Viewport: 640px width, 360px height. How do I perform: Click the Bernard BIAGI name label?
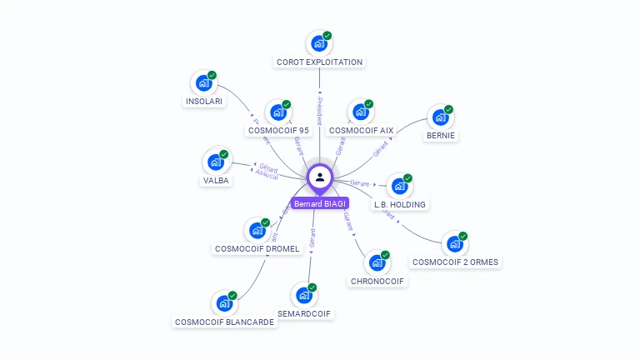(320, 203)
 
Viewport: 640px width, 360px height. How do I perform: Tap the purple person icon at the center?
(320, 177)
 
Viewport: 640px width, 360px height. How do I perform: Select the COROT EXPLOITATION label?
(320, 62)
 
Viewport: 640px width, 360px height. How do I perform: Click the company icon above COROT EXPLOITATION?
(318, 42)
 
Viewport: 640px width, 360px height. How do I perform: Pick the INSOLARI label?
(203, 102)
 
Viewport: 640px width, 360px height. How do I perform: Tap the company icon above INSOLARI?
(202, 82)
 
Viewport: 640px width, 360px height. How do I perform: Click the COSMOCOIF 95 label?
(278, 130)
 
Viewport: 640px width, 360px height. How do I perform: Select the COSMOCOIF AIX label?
(361, 130)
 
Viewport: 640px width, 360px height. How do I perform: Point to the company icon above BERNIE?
(439, 117)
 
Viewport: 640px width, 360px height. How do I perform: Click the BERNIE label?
(442, 135)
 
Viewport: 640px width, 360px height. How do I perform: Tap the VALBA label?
(215, 180)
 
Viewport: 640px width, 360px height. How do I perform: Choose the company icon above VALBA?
(215, 161)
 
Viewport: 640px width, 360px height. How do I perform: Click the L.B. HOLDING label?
(400, 204)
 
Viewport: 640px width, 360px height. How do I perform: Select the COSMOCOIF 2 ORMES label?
(456, 262)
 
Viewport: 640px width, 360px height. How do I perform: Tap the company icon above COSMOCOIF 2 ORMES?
(454, 243)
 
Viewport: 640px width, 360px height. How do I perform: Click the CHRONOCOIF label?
(377, 281)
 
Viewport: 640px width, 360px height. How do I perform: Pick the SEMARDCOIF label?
(304, 313)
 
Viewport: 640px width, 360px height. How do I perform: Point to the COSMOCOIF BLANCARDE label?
(224, 322)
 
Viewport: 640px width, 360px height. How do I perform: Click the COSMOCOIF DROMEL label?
(257, 248)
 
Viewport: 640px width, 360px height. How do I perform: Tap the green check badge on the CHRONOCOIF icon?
(385, 255)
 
